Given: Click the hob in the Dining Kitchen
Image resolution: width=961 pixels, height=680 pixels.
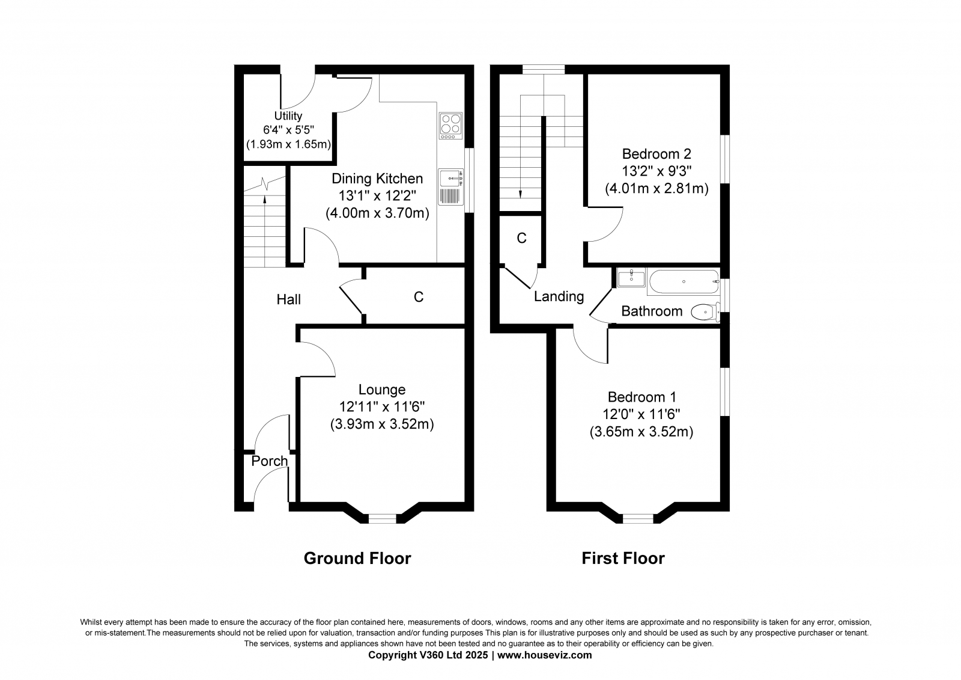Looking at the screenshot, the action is [450, 126].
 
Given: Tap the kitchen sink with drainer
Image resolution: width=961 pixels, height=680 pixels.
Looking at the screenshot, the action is [450, 186].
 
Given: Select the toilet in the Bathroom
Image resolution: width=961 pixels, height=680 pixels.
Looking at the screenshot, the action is [706, 312].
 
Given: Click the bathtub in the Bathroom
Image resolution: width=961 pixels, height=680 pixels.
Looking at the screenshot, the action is [684, 282].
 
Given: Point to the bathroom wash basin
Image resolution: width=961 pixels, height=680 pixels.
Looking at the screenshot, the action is [631, 278].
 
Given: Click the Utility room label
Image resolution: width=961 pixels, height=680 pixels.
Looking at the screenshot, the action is [288, 116].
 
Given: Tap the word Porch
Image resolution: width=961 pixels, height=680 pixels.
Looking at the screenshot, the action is [270, 461].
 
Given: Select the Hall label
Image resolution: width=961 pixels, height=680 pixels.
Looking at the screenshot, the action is [288, 299].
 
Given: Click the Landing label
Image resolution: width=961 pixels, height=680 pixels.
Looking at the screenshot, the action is [559, 296].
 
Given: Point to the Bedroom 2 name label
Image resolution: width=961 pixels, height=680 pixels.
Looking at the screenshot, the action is [656, 154].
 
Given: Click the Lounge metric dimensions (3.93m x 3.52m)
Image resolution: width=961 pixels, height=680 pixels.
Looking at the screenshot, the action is [382, 424].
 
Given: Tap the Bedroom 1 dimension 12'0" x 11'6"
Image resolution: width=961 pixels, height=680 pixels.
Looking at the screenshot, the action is [641, 414].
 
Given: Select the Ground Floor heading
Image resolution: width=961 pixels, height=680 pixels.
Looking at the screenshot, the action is [357, 559].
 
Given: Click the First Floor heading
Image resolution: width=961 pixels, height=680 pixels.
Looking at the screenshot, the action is [623, 559].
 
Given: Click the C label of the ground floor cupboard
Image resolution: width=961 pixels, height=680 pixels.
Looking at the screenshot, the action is [419, 297].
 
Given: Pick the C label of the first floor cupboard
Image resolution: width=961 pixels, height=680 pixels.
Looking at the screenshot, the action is [522, 238].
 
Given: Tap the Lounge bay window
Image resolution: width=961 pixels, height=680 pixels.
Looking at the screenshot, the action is [382, 519].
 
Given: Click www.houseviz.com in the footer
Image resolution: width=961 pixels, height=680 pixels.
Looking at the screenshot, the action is [544, 655].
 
